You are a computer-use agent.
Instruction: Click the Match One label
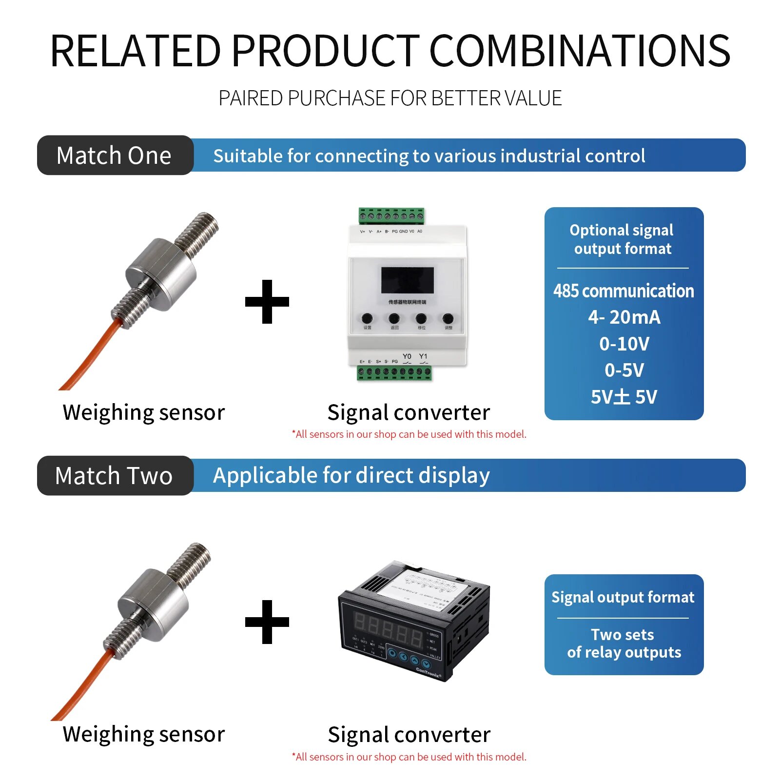pos(114,156)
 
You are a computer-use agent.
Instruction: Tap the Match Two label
pos(114,476)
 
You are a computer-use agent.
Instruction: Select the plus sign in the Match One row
pos(267,302)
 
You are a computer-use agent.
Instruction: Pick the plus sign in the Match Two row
pos(267,622)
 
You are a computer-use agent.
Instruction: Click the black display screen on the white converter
pos(408,280)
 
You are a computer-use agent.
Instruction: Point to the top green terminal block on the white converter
pos(391,215)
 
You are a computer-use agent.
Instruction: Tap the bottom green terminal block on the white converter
pos(394,372)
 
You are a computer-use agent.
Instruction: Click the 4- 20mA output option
pos(624,317)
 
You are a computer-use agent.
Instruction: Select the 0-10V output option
pos(624,344)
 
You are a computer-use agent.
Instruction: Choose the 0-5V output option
pos(624,370)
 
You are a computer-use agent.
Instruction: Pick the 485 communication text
pos(624,291)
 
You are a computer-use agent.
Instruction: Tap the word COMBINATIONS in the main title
pos(580,51)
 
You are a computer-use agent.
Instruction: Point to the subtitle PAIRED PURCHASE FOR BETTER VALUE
pos(390,98)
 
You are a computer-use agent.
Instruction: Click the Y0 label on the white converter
pos(407,356)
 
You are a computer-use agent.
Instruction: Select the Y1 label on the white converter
pos(423,356)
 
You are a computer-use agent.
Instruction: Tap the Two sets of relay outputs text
pos(624,643)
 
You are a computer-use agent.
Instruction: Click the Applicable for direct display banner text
pos(351,476)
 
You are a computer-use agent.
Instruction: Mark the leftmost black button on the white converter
pos(367,319)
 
